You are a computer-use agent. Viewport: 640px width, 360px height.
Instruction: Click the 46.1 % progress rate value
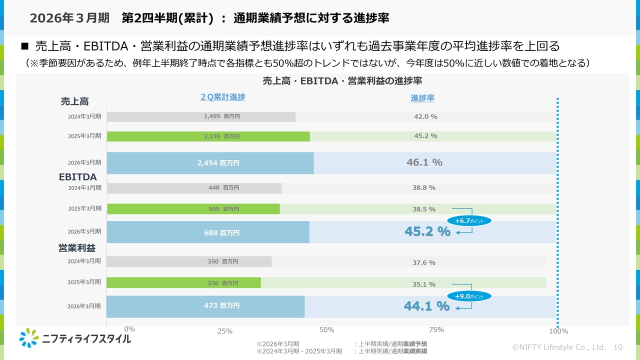424,162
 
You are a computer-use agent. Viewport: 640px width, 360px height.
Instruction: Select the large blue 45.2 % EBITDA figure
427,232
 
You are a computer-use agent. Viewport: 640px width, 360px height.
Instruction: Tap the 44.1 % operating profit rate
426,306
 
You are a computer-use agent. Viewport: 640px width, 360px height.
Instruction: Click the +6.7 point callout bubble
469,220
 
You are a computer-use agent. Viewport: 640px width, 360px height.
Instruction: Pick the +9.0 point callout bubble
469,296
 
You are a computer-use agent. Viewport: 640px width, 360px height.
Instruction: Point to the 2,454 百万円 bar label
218,163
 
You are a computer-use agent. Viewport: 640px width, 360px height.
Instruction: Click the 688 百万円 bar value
221,232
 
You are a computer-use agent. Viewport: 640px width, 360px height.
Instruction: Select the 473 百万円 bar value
221,305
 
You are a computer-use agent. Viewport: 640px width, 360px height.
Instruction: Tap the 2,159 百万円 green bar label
222,136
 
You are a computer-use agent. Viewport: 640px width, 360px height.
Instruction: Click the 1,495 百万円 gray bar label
222,116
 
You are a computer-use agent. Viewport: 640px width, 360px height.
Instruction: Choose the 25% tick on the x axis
225,331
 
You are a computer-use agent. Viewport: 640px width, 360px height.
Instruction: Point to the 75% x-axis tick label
436,330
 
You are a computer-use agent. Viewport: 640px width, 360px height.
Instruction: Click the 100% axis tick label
558,331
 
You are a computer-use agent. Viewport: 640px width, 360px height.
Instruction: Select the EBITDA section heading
77,177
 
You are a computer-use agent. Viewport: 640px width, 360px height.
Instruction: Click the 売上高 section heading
74,101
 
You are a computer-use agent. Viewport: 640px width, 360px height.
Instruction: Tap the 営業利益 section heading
77,248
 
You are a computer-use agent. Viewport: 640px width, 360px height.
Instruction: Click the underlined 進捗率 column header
422,98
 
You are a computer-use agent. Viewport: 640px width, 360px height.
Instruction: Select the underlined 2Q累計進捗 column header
222,97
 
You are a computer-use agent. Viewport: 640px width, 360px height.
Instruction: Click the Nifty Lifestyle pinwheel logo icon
29,338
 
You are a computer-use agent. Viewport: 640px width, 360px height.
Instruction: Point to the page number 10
617,347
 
